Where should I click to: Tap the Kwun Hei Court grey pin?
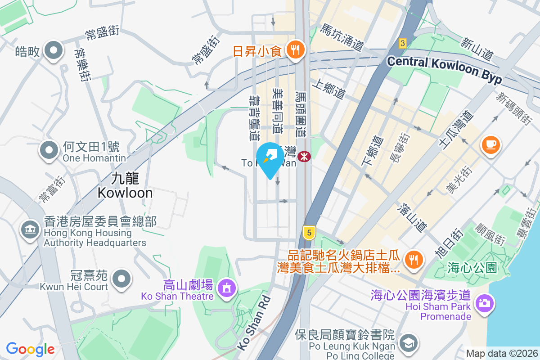click(x=121, y=279)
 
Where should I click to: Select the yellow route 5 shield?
click(x=309, y=232)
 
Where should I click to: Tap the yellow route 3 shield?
click(x=402, y=43)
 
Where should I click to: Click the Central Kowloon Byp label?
click(x=444, y=69)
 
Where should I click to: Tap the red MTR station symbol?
click(x=305, y=156)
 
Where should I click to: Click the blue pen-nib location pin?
click(x=270, y=158)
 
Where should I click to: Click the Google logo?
click(x=30, y=349)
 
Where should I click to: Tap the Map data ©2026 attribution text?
click(x=502, y=353)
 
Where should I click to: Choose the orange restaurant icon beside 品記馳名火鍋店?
click(x=412, y=259)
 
